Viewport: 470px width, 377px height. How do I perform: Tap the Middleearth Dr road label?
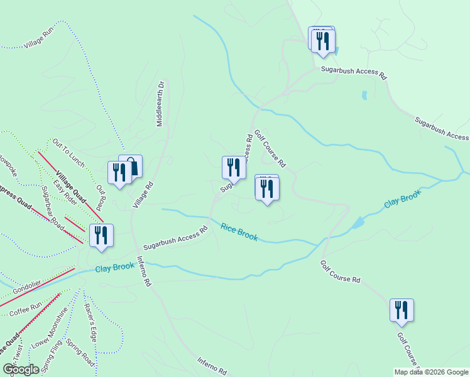click(x=161, y=102)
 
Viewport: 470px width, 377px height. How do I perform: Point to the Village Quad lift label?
click(x=70, y=187)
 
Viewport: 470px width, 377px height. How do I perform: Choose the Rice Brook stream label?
click(x=239, y=231)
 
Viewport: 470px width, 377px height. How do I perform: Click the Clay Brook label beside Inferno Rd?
click(x=115, y=268)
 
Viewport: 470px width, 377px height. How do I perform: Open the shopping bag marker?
click(x=131, y=167)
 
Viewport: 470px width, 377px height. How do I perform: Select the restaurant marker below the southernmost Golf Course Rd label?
click(x=400, y=310)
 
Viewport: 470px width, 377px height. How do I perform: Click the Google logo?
click(x=21, y=369)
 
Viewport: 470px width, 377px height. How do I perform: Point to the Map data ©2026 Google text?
click(x=431, y=371)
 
